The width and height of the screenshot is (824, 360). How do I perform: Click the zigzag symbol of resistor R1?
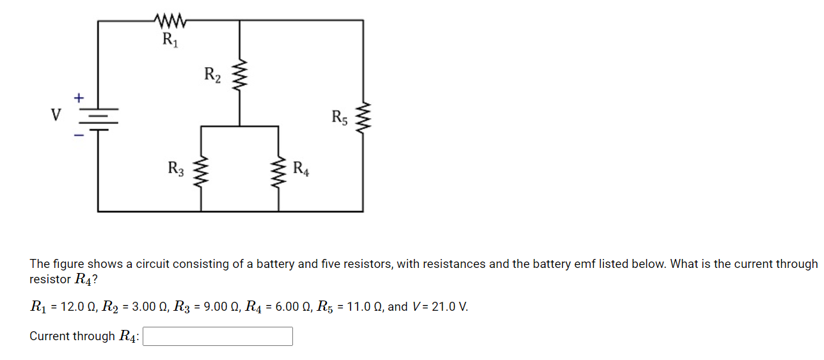(x=170, y=22)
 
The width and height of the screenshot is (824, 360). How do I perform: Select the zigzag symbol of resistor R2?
(x=239, y=76)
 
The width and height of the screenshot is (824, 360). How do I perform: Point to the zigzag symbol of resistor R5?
(x=363, y=118)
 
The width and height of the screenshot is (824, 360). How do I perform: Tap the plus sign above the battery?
(x=78, y=98)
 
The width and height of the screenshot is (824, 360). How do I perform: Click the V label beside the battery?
(x=56, y=116)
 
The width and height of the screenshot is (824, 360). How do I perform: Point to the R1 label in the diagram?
(x=170, y=40)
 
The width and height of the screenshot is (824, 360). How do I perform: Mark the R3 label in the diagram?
(x=176, y=169)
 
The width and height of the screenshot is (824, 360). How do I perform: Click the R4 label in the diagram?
(x=301, y=169)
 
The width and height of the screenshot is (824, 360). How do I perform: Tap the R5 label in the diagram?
(x=340, y=118)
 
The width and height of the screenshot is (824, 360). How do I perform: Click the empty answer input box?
(x=218, y=336)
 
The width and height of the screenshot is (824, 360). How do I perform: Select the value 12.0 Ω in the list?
(x=75, y=307)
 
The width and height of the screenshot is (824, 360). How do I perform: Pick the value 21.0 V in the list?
(x=450, y=307)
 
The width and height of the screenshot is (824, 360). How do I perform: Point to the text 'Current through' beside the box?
(x=72, y=336)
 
